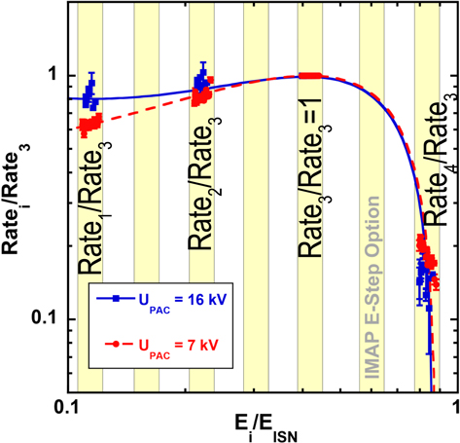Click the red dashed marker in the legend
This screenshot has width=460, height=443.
(x=115, y=344)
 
